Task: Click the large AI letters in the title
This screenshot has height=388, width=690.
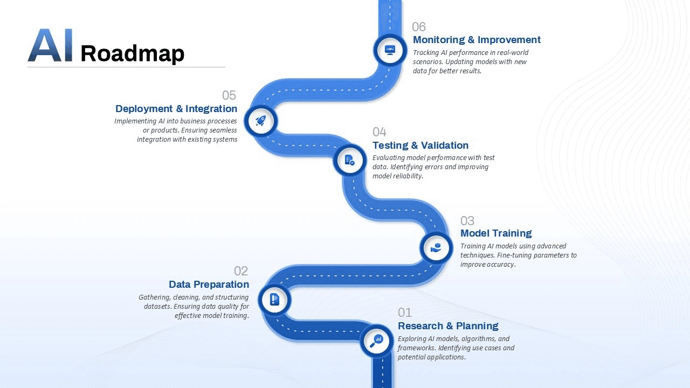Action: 50,46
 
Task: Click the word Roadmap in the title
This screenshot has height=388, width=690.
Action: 132,53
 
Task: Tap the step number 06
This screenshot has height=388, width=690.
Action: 419,27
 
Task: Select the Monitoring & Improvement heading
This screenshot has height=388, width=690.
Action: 477,40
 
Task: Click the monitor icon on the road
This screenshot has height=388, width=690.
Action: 390,50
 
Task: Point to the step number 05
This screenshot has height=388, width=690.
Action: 229,95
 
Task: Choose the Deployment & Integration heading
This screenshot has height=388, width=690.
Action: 176,109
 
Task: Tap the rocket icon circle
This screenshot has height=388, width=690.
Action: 260,121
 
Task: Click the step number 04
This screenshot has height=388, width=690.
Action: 379,132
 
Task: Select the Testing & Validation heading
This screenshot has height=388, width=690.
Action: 420,145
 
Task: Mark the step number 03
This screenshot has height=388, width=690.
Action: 467,221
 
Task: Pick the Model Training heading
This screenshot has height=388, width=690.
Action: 496,233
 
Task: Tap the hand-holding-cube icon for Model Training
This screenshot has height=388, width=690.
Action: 436,248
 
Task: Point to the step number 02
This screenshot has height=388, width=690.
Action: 241,271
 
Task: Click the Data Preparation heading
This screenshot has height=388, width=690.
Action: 209,285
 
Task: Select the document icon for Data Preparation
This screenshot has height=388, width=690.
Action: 274,299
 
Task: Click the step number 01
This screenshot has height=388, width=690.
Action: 405,313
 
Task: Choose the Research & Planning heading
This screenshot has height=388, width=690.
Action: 448,326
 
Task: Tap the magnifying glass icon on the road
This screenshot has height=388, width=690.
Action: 376,341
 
